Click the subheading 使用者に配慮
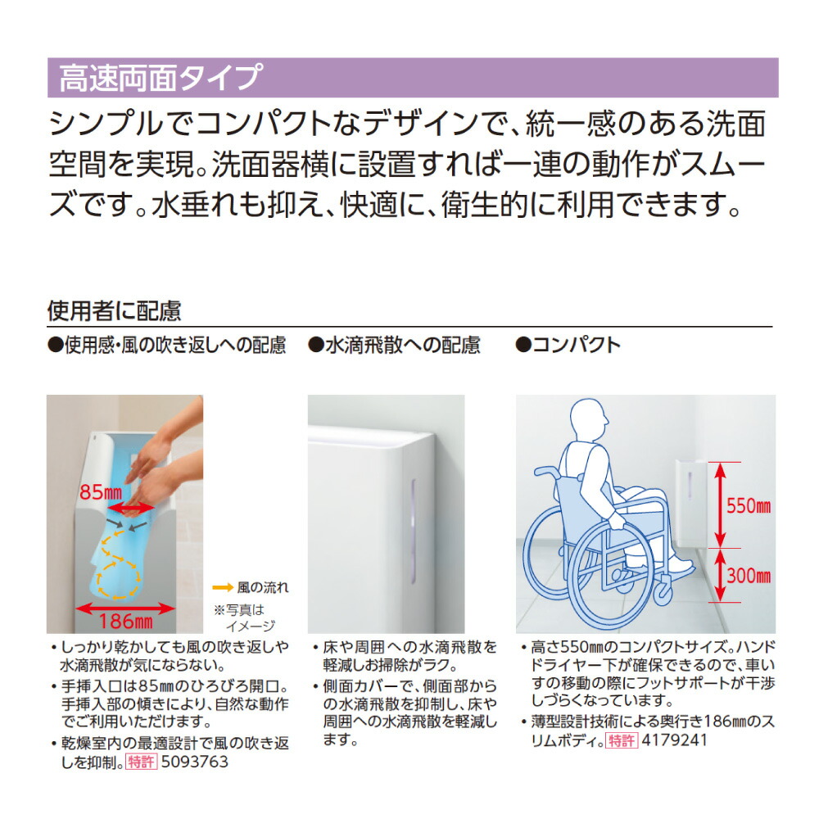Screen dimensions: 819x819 [x=114, y=311]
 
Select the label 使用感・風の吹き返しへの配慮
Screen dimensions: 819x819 [x=167, y=346]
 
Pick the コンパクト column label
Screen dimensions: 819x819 [x=568, y=346]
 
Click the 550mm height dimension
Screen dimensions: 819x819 [x=749, y=505]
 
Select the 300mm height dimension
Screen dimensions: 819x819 [x=749, y=576]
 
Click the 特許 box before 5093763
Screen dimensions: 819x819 [x=140, y=762]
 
